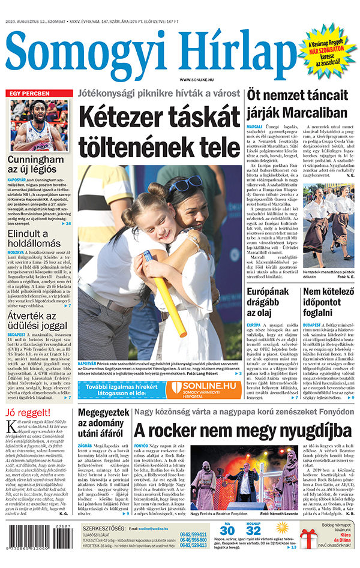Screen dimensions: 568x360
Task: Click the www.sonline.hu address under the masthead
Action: [197, 80]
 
